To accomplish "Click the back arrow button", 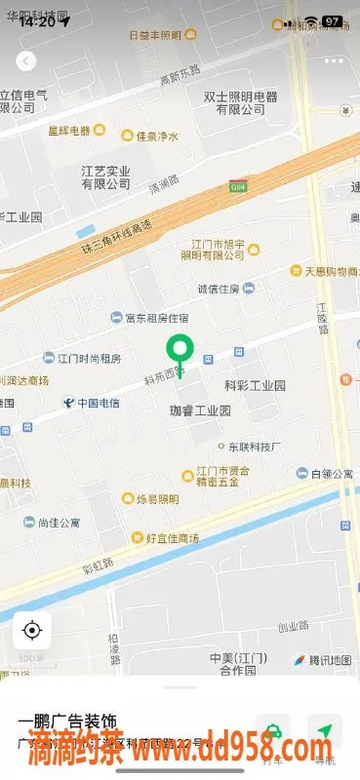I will coord(26,60).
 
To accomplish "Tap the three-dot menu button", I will coord(334,60).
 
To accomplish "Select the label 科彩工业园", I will coord(255,386).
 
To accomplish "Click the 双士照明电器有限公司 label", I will coord(240,103).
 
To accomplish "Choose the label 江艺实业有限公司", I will coord(105,176).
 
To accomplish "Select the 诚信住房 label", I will coord(219,289).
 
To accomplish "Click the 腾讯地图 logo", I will coord(324,660).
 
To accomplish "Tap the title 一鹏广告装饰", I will coord(65,722).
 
